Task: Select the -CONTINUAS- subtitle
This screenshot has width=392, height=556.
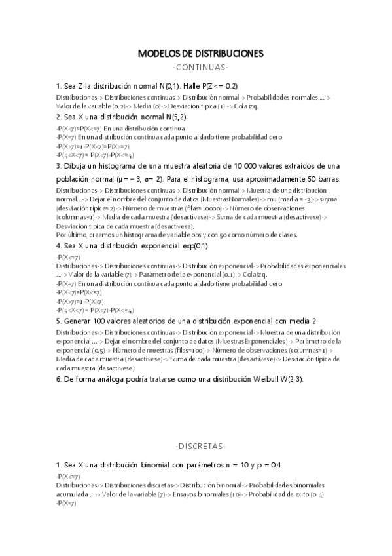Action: (200, 68)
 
